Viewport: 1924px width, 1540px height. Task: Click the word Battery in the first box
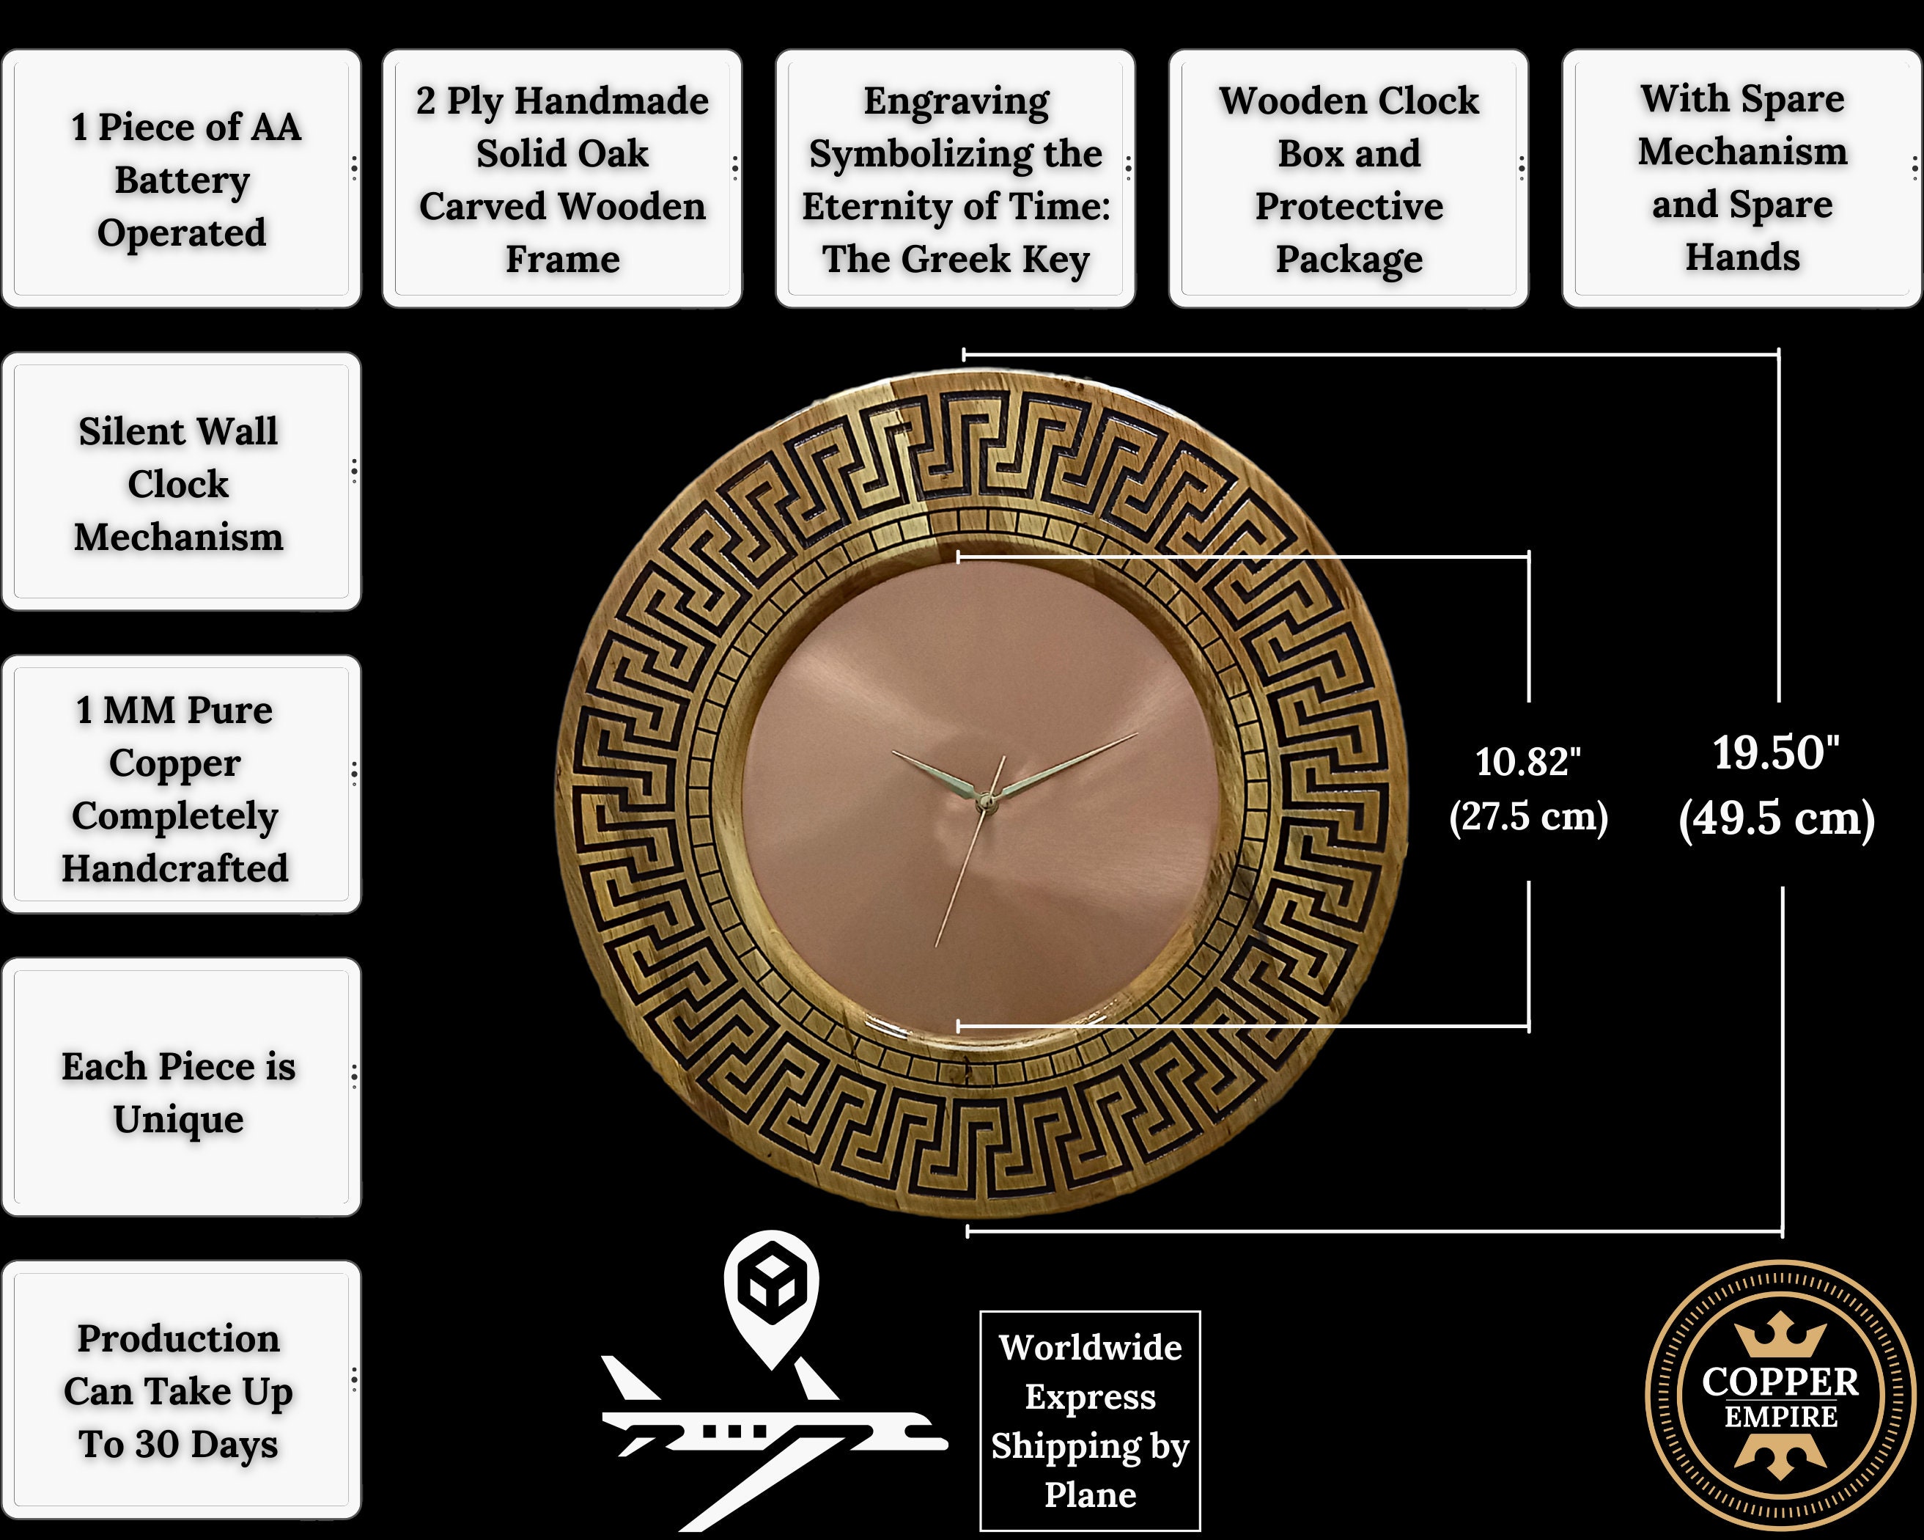[x=182, y=180]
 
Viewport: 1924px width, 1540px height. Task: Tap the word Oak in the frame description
[x=608, y=153]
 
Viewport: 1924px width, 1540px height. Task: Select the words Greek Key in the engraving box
[x=997, y=260]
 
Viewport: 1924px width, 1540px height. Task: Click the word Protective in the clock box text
[x=1349, y=207]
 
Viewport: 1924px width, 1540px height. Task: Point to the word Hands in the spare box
[x=1742, y=257]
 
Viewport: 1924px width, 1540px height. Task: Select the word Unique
[x=179, y=1121]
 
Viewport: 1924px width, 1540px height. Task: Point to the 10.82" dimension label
[x=1527, y=761]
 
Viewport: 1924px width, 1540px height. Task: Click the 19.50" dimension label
[x=1776, y=752]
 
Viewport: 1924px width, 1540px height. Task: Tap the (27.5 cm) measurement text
[x=1527, y=816]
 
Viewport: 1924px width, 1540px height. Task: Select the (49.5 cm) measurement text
[x=1776, y=818]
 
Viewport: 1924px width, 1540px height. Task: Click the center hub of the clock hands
[x=985, y=801]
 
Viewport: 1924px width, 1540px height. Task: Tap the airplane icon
[x=773, y=1437]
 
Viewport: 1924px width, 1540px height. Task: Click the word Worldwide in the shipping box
[x=1090, y=1348]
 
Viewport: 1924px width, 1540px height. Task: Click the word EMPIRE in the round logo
[x=1780, y=1417]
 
